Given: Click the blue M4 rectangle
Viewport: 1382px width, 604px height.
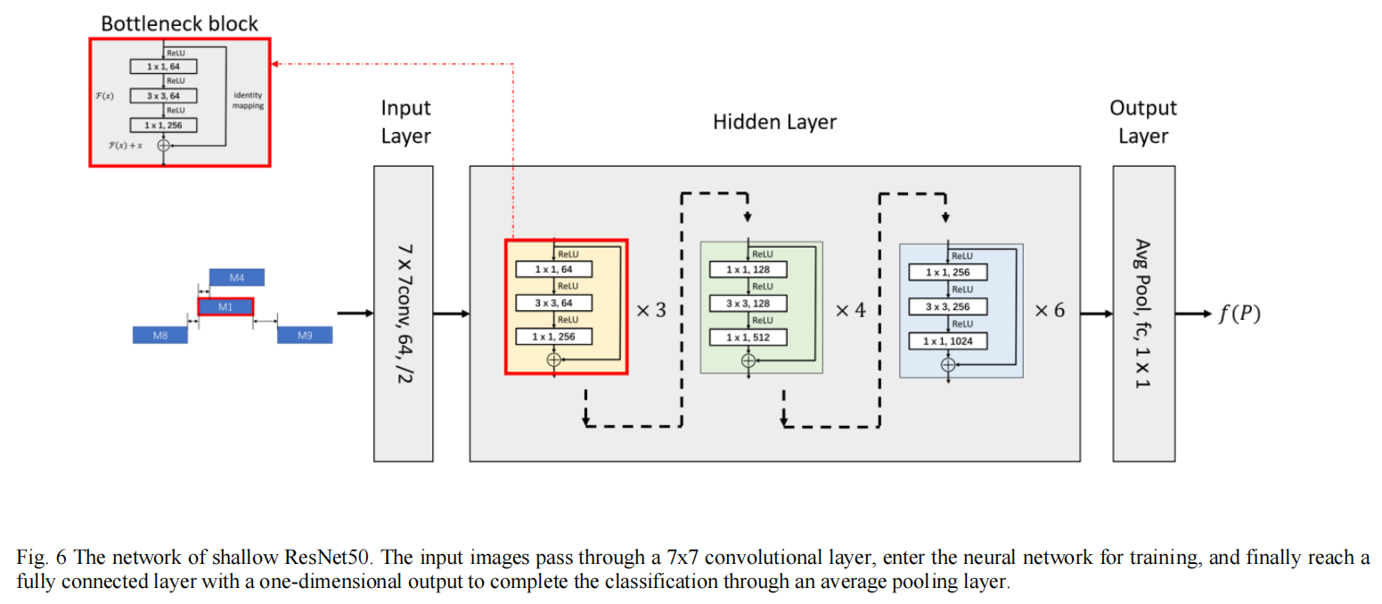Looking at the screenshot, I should [237, 278].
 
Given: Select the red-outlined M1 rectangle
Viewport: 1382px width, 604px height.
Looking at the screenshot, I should [225, 307].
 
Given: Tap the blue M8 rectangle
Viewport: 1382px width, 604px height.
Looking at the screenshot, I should [160, 335].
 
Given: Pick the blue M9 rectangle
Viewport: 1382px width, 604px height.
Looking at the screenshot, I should [304, 335].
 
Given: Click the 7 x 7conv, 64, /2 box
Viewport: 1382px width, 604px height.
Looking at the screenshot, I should [403, 314].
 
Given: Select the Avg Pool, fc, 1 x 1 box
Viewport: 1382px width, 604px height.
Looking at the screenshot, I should [1142, 314].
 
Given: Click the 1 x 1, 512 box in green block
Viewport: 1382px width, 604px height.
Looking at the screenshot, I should [748, 338].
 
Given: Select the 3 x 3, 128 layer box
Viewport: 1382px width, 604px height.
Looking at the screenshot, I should [748, 304].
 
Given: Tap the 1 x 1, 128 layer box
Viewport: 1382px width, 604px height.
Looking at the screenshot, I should [748, 270].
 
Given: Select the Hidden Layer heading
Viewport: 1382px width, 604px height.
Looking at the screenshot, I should [774, 122].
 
